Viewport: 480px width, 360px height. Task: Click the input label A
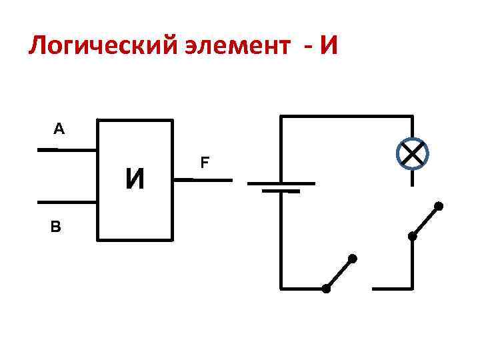click(x=59, y=129)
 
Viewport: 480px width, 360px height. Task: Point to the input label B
click(x=55, y=227)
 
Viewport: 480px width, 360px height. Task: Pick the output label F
click(x=205, y=162)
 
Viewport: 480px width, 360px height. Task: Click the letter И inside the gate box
click(x=135, y=179)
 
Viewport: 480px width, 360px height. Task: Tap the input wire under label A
click(x=67, y=149)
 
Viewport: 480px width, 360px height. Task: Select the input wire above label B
click(x=67, y=202)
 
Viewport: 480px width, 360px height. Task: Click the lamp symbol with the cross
click(x=412, y=155)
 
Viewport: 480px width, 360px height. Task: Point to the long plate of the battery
click(x=281, y=183)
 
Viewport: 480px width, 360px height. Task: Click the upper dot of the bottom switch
click(x=353, y=258)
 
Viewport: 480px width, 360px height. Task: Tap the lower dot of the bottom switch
click(x=326, y=289)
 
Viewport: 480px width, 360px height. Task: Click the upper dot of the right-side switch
click(x=438, y=205)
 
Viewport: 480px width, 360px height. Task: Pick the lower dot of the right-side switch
click(x=412, y=236)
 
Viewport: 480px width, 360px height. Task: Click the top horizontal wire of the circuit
click(x=347, y=117)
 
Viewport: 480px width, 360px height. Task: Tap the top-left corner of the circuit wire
click(x=281, y=117)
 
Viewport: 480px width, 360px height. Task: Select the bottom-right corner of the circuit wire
click(x=412, y=289)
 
